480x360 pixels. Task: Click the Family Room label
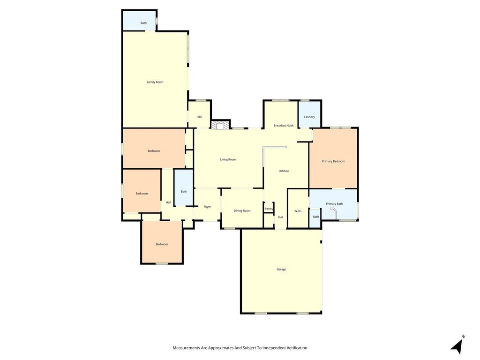click(x=155, y=82)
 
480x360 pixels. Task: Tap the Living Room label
click(x=228, y=159)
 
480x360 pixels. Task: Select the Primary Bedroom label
click(x=333, y=161)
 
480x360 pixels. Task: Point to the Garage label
click(x=281, y=270)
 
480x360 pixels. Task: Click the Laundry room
click(x=309, y=114)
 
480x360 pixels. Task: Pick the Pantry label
click(x=269, y=209)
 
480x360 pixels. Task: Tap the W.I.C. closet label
click(x=298, y=211)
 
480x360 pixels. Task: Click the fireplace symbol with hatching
click(x=220, y=125)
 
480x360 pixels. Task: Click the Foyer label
click(x=207, y=207)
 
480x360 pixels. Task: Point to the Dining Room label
click(x=242, y=210)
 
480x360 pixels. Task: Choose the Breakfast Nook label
click(x=284, y=126)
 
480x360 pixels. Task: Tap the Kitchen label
click(x=284, y=171)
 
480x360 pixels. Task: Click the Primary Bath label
click(x=334, y=204)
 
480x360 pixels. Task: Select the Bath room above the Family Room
click(x=140, y=21)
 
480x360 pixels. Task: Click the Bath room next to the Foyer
click(x=184, y=187)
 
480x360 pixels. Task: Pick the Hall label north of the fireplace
click(x=199, y=117)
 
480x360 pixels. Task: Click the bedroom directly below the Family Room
click(x=154, y=149)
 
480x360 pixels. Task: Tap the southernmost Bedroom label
click(x=162, y=244)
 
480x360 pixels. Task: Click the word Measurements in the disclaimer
click(x=187, y=348)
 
